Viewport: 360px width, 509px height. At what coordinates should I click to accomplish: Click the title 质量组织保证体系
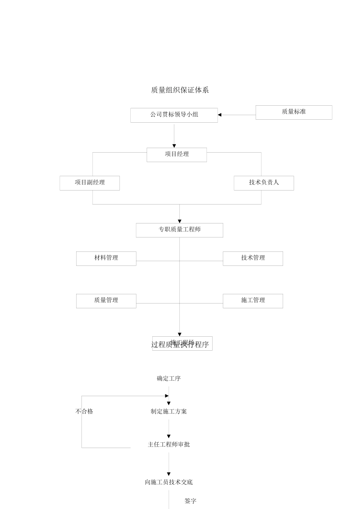180,90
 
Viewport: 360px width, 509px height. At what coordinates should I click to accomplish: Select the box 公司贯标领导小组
174,115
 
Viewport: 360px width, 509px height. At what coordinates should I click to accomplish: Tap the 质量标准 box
294,112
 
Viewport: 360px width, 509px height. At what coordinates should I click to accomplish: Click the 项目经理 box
177,155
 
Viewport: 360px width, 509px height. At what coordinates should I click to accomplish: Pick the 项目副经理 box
89,183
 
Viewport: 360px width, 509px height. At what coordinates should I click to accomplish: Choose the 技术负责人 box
264,183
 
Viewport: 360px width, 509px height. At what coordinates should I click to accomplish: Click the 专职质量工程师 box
179,230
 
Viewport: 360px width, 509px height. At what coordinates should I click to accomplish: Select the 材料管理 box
106,258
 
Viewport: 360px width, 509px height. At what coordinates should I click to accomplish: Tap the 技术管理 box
253,258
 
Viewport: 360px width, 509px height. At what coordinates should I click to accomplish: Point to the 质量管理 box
106,301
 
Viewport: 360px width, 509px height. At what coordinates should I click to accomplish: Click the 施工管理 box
253,301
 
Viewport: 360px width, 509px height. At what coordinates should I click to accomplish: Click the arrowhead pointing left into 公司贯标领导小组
220,115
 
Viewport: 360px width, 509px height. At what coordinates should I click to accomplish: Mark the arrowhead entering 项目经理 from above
174,146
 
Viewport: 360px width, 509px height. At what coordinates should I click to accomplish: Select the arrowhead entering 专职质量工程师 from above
180,221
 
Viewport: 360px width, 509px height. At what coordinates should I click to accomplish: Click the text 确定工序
169,378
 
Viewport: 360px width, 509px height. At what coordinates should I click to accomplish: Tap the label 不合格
84,411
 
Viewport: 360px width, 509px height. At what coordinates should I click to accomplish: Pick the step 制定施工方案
169,411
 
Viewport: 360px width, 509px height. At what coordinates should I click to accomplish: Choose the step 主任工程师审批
169,444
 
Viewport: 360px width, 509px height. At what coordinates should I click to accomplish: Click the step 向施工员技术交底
169,482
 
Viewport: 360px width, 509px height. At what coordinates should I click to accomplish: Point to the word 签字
190,501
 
